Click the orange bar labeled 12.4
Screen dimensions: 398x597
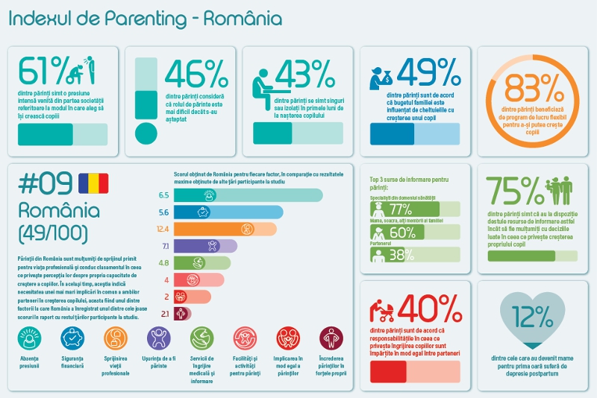[227, 229]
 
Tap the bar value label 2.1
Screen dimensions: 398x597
[164, 314]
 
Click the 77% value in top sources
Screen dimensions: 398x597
[401, 209]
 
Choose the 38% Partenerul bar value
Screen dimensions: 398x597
[401, 255]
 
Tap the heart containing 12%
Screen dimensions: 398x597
[531, 319]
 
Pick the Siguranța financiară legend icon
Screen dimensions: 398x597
[72, 339]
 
